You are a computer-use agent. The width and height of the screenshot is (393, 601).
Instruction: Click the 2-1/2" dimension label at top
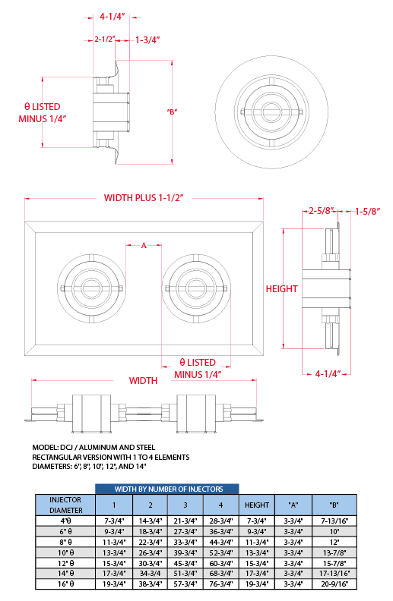[x=105, y=39]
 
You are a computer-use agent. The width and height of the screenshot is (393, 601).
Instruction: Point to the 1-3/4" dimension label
[x=147, y=40]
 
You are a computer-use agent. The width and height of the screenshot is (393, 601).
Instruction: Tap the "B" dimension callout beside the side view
[x=172, y=112]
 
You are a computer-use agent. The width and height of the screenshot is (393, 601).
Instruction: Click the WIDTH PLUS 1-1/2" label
[x=144, y=198]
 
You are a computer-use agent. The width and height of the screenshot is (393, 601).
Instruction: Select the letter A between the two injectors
[x=144, y=245]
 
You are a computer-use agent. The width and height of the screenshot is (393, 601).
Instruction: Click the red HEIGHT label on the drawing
[x=282, y=288]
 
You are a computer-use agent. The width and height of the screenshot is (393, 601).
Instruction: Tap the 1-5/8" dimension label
[x=367, y=211]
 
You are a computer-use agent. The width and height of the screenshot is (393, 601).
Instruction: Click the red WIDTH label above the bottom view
[x=143, y=381]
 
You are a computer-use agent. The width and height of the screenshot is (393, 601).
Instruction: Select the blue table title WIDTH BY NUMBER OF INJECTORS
[x=169, y=489]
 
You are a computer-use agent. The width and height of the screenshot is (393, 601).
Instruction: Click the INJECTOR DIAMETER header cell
[x=65, y=505]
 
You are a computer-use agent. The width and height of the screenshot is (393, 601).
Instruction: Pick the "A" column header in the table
[x=293, y=505]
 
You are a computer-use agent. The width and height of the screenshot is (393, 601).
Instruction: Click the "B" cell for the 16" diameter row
[x=334, y=584]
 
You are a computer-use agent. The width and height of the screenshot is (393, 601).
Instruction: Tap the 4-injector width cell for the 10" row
[x=221, y=552]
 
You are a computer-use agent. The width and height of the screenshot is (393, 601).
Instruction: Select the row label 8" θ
[x=65, y=542]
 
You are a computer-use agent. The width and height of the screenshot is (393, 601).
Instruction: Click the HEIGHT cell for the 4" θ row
[x=257, y=521]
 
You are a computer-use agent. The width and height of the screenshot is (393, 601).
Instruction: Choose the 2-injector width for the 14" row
[x=150, y=574]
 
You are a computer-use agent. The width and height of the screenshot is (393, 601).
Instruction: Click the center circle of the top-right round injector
[x=271, y=112]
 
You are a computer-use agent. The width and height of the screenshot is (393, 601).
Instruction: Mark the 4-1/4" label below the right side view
[x=328, y=373]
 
